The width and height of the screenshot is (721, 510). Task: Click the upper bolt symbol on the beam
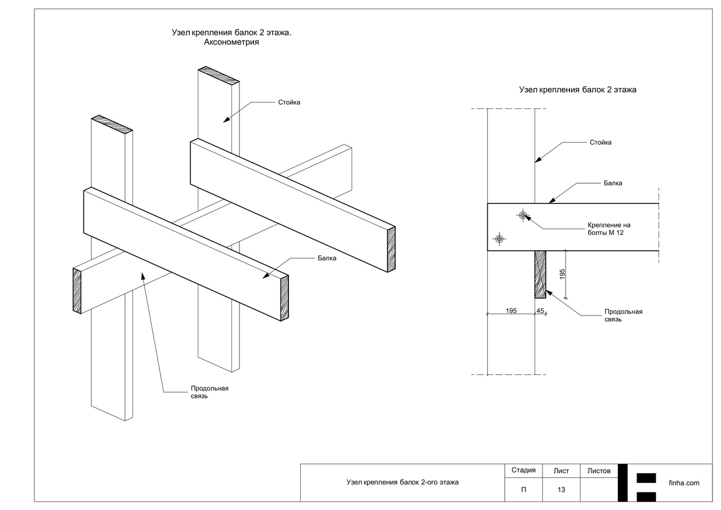pyautogui.click(x=523, y=215)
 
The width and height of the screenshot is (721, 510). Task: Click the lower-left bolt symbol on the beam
pyautogui.click(x=499, y=238)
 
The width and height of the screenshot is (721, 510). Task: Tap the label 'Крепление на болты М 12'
pyautogui.click(x=608, y=229)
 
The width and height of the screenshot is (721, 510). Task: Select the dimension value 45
pyautogui.click(x=540, y=311)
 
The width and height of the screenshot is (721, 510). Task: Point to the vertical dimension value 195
pyautogui.click(x=562, y=274)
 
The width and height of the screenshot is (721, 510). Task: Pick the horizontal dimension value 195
pyautogui.click(x=511, y=311)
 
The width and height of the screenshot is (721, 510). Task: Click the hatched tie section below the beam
pyautogui.click(x=540, y=274)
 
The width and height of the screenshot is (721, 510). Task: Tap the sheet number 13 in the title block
pyautogui.click(x=561, y=490)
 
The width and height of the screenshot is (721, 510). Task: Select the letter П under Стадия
pyautogui.click(x=523, y=490)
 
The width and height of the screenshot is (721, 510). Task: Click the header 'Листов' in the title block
pyautogui.click(x=599, y=471)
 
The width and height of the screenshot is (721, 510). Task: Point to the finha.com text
pyautogui.click(x=684, y=483)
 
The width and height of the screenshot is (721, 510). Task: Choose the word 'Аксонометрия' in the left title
pyautogui.click(x=232, y=42)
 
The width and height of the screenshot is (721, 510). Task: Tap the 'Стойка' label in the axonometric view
pyautogui.click(x=289, y=103)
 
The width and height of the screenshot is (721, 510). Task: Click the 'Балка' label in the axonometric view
pyautogui.click(x=327, y=258)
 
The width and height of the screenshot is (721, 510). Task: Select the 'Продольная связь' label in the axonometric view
pyautogui.click(x=210, y=392)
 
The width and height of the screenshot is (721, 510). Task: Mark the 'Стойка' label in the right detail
pyautogui.click(x=600, y=143)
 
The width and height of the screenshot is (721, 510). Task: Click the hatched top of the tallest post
pyautogui.click(x=219, y=75)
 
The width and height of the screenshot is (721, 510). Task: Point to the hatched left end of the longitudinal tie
pyautogui.click(x=77, y=290)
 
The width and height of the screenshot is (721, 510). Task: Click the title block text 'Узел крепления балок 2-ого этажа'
pyautogui.click(x=402, y=482)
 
